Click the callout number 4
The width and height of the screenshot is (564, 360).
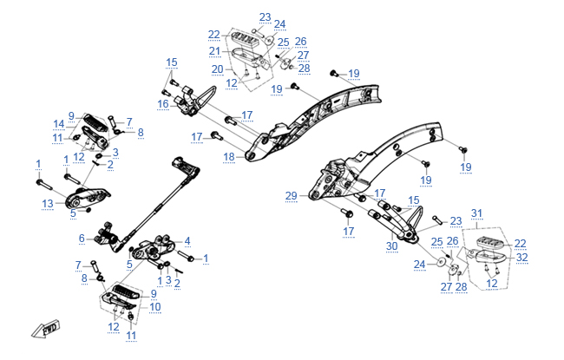click(x=187, y=241)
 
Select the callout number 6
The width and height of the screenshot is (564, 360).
click(x=82, y=239)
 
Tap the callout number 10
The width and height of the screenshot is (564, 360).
click(x=155, y=306)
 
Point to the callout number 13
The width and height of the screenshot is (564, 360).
click(x=48, y=203)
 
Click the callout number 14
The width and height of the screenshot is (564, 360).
click(x=59, y=123)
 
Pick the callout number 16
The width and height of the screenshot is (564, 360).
click(x=162, y=104)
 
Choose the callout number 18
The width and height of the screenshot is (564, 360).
click(x=229, y=157)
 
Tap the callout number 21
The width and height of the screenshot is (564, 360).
click(x=216, y=51)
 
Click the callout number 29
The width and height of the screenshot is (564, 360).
click(x=292, y=196)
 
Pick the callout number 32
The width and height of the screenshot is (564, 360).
click(x=521, y=258)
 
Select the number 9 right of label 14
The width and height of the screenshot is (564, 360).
click(x=72, y=115)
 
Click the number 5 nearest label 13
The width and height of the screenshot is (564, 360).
click(x=74, y=212)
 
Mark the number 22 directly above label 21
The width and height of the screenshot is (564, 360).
click(x=214, y=35)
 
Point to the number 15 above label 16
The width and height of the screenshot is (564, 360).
click(x=172, y=62)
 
